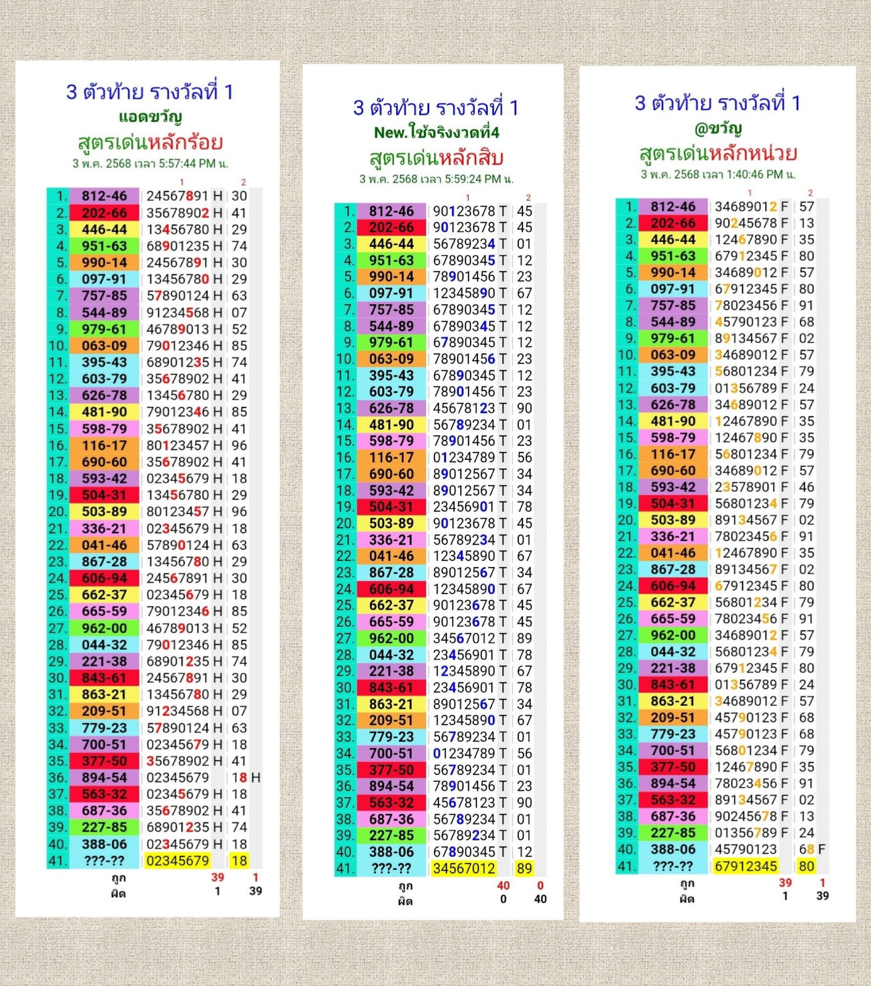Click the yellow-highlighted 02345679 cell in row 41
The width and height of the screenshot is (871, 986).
[178, 860]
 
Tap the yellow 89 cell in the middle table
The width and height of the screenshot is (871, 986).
[524, 869]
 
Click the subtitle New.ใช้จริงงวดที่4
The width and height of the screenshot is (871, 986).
[436, 132]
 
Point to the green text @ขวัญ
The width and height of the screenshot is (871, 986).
[717, 129]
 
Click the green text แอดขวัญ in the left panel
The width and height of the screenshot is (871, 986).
[150, 117]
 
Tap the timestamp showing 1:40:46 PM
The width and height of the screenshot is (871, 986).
[718, 174]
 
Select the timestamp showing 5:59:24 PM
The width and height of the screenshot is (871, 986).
[436, 179]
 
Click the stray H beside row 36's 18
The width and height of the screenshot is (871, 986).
[256, 778]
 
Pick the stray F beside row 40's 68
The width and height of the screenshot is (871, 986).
[821, 849]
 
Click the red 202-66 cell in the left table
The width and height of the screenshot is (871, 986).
[104, 213]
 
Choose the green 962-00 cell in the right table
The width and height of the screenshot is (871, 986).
[673, 636]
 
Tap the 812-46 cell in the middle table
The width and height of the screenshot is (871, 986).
[391, 211]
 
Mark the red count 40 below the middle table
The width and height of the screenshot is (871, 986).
[503, 886]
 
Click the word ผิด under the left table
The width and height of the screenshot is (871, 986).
[118, 894]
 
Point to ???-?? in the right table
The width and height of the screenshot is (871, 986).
[673, 866]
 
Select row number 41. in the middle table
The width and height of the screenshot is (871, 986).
[346, 869]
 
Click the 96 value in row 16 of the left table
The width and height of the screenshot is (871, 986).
[239, 445]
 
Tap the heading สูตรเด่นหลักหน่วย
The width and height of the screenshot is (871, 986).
[717, 154]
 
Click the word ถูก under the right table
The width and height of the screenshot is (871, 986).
[687, 883]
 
